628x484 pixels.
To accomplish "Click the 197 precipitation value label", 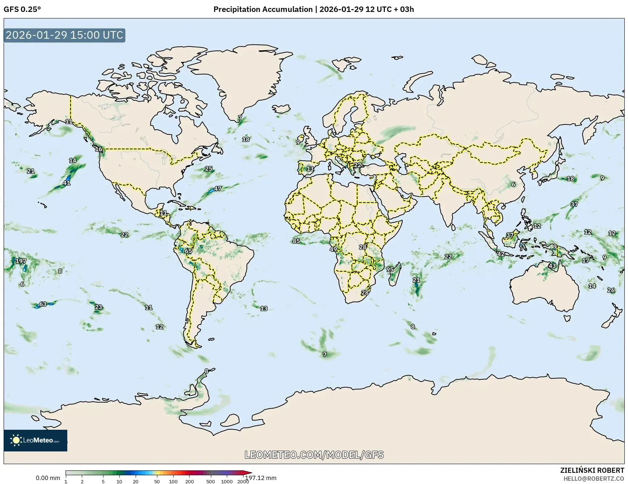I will coord(21,261).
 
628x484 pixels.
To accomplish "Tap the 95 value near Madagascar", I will coord(390,269).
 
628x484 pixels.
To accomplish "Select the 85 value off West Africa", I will coord(296,241).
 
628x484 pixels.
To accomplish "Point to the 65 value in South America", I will coord(188,251).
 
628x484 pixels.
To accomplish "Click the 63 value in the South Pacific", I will coord(43,304).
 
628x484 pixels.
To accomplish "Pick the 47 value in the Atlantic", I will coord(218,189).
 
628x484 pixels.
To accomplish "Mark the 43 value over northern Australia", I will coord(552,266).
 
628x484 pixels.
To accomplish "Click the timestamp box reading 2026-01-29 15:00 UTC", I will coord(64,35).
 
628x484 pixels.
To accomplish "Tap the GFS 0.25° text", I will coord(22,9).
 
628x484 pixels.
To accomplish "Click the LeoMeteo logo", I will coord(35,440).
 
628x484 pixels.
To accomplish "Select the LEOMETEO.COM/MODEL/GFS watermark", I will coord(314,455).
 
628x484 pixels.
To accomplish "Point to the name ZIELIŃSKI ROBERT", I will coord(592,470).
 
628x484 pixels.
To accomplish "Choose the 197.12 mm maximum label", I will coord(261,478).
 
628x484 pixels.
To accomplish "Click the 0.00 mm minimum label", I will coord(48,478).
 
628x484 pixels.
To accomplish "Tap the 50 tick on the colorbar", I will coord(157,481).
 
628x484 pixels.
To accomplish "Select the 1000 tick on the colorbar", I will coord(227,481).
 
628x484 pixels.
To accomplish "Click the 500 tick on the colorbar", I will coord(211,481).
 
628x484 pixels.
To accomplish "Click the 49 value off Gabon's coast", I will coord(333,249).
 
